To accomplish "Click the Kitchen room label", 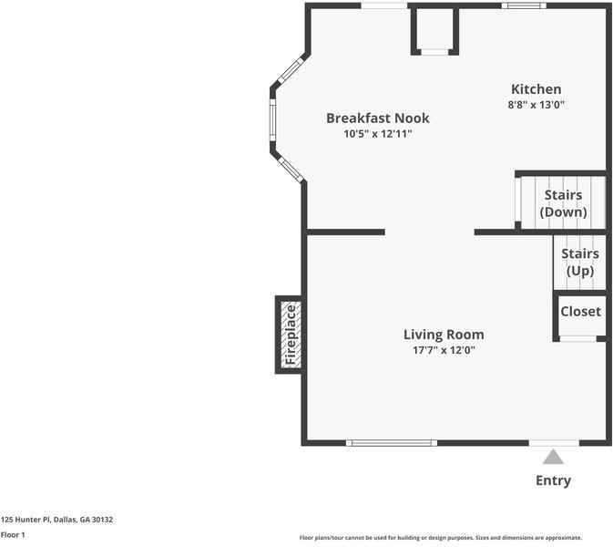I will pos(536,88).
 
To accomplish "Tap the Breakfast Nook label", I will pos(377,119).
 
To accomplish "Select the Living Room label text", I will pos(444,335).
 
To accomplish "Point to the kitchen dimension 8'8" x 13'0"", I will pos(536,105).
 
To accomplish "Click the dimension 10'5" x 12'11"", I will pos(377,134).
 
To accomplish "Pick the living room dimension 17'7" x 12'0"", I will pos(444,350).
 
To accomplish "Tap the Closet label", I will pos(580,311).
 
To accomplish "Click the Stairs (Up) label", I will pos(580,262).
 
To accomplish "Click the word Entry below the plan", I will pos(553,480).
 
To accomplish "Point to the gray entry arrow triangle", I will pos(553,457).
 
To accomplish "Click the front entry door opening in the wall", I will pos(553,443).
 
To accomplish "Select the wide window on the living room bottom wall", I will pos(392,443).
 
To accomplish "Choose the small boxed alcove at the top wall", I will pos(435,30).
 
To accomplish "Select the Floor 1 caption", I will pos(13,535).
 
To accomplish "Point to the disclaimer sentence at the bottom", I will pos(440,538).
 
